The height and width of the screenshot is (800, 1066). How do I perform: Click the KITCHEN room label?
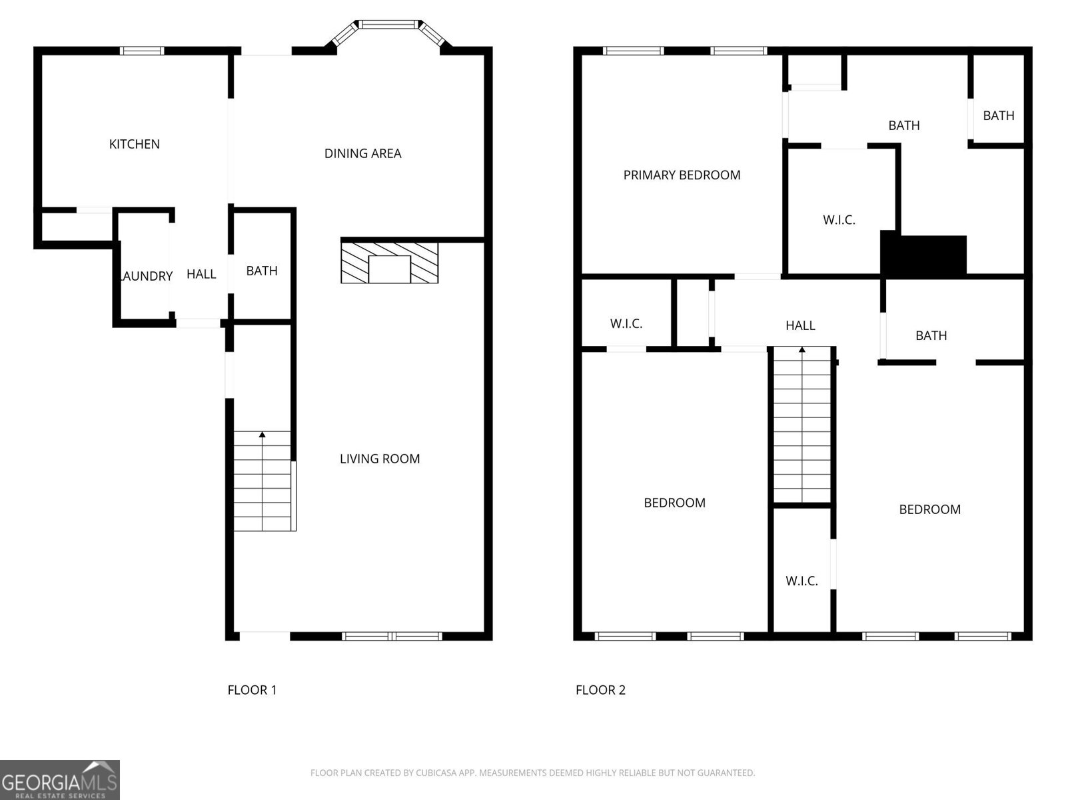[134, 144]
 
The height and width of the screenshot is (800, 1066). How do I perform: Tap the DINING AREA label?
[362, 153]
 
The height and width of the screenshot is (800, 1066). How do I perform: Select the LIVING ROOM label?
[380, 459]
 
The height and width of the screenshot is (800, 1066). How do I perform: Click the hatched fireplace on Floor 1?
[389, 262]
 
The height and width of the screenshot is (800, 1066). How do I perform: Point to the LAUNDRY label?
[146, 276]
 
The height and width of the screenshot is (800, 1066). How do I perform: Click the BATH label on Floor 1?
[262, 271]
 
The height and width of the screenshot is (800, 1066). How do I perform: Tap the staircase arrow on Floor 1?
[263, 435]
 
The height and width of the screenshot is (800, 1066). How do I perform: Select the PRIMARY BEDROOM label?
[682, 175]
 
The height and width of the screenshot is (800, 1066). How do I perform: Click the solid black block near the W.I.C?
[924, 255]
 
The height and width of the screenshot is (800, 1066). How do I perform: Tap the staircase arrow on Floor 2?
[802, 350]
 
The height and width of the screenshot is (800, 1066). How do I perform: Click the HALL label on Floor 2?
[800, 325]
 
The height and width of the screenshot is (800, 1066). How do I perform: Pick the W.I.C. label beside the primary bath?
[839, 220]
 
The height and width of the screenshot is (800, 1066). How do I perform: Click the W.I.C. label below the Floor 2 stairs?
[801, 581]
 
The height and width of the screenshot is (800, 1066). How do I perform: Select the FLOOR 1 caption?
[252, 690]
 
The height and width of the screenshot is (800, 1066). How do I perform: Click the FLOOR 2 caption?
[600, 690]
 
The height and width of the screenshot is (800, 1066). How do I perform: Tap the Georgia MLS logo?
[59, 780]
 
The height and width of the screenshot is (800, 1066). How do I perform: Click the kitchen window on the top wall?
[142, 50]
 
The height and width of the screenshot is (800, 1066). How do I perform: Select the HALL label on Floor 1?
[201, 274]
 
